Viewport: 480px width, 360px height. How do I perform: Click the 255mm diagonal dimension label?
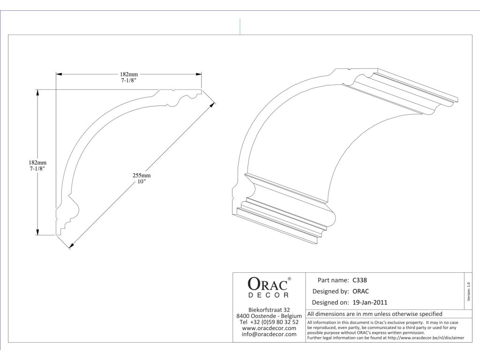coord(142,175)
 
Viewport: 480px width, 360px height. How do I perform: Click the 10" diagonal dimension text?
coord(142,181)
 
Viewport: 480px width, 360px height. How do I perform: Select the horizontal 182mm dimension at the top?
coord(129,74)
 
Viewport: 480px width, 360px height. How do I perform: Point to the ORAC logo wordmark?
coord(266,284)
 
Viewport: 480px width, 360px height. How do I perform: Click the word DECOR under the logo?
coord(269,295)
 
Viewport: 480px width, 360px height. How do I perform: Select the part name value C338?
coord(360,280)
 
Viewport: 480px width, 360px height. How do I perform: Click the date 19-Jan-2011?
coord(370,302)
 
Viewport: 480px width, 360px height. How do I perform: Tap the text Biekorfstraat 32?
coord(269,310)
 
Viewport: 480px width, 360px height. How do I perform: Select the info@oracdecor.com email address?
coord(269,334)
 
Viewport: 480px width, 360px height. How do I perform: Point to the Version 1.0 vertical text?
coord(468,292)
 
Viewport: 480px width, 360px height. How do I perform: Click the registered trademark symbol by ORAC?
coord(289,279)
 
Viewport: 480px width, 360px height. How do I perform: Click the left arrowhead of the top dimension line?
coord(59,74)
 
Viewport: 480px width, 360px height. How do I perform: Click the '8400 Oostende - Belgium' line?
coord(269,316)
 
